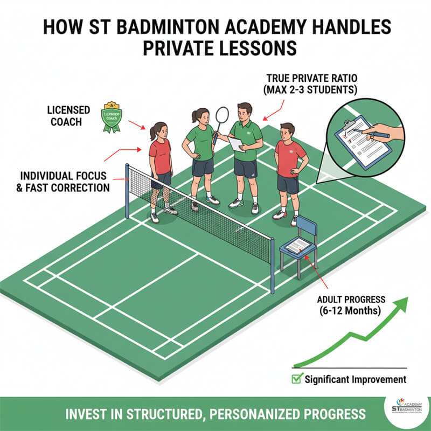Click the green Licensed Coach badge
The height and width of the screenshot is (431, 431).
113,117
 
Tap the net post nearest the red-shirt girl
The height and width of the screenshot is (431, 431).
128,192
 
